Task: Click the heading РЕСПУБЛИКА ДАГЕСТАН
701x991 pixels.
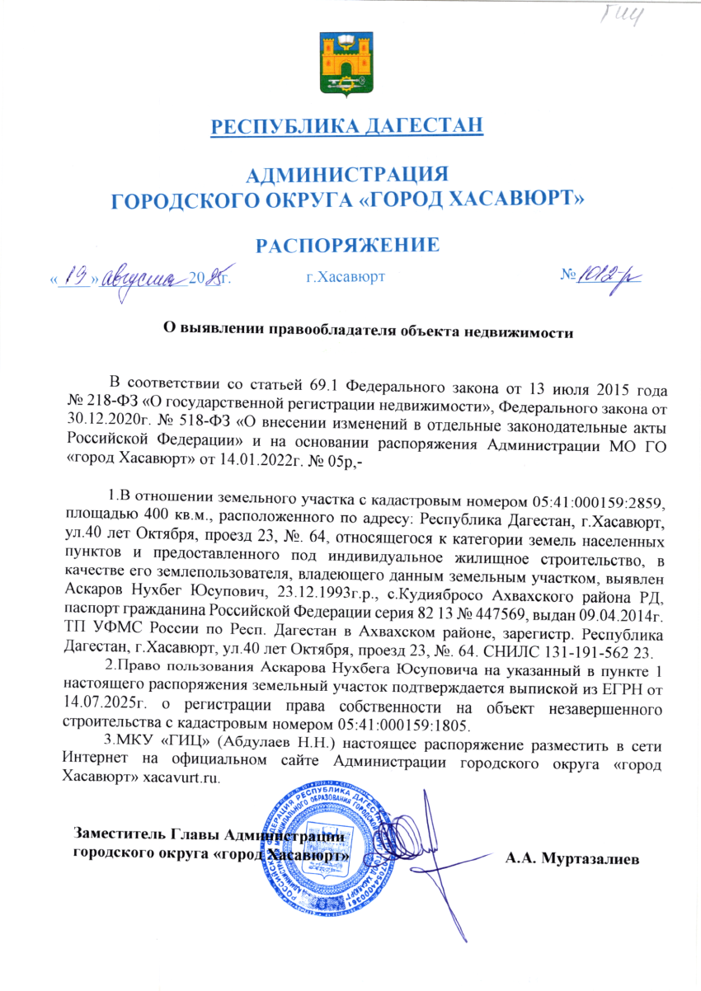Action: pyautogui.click(x=346, y=127)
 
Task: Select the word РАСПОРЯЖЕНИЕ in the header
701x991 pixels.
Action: pyautogui.click(x=346, y=245)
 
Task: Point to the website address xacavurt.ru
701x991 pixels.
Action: pyautogui.click(x=181, y=778)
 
